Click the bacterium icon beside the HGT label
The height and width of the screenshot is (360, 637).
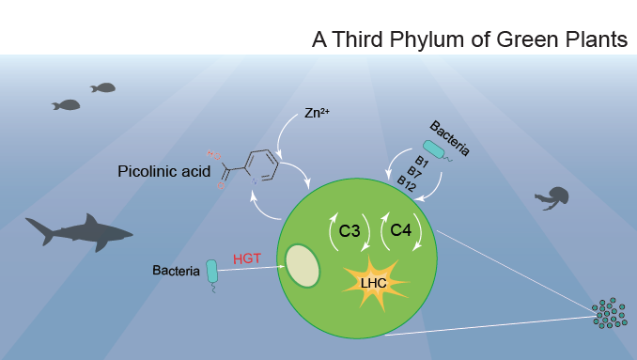click(213, 272)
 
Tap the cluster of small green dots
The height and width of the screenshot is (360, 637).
click(611, 314)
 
